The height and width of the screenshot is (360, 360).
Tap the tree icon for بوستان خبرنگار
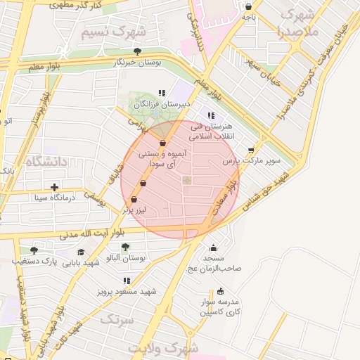(137, 51)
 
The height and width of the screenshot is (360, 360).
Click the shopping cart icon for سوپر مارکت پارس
(251, 150)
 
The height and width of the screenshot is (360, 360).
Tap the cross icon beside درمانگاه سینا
(54, 187)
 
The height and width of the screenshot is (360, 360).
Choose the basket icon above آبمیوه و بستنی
(163, 143)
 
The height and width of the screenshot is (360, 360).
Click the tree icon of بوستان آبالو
(125, 247)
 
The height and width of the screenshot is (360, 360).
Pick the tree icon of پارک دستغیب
(33, 250)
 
